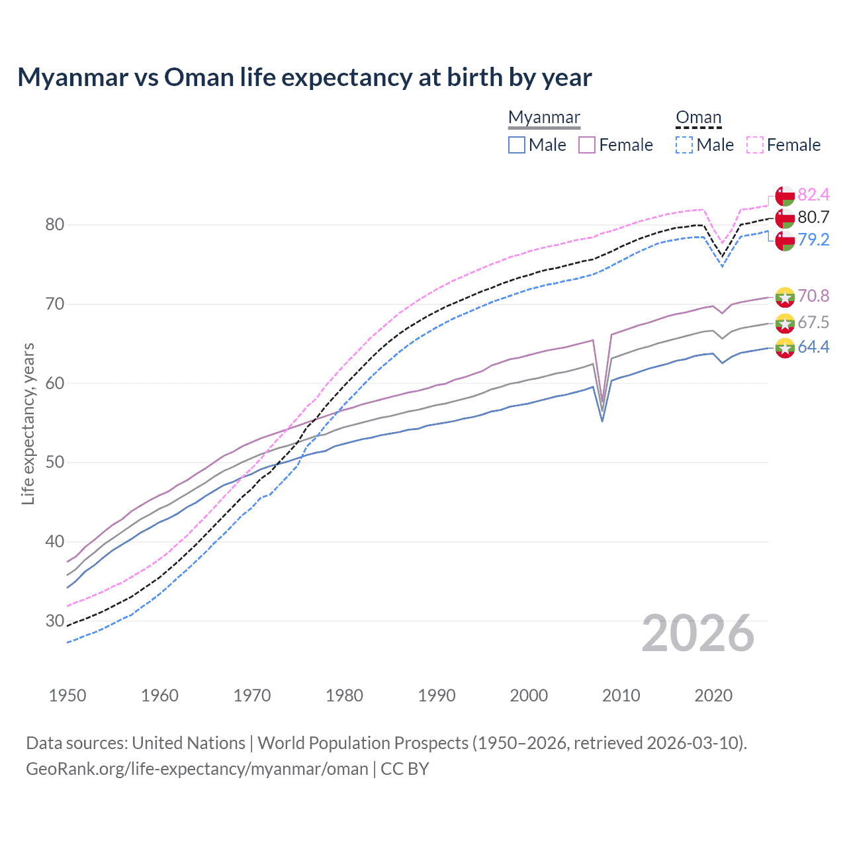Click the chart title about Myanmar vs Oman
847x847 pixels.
[x=304, y=77]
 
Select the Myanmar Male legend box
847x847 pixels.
[x=517, y=145]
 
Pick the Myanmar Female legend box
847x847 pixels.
[x=587, y=145]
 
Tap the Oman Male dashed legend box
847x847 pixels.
[x=684, y=145]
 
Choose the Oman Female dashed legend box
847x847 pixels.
[x=755, y=145]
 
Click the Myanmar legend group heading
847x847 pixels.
[x=544, y=118]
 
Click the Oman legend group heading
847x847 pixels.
[x=698, y=118]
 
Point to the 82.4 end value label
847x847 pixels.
[x=813, y=195]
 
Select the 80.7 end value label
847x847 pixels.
[x=813, y=217]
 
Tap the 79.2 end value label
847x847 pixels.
[x=813, y=240]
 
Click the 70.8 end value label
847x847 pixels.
[x=813, y=296]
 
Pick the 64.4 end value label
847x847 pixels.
[x=813, y=347]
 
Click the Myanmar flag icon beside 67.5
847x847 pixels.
[x=785, y=324]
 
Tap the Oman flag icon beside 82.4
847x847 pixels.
[x=785, y=196]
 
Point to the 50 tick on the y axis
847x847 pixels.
[x=55, y=463]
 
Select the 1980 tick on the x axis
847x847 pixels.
[x=344, y=695]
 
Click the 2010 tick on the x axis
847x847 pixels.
[x=621, y=695]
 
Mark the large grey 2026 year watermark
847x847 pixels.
[x=697, y=633]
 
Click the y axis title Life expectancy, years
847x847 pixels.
[x=28, y=423]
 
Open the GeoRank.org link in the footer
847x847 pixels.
[x=197, y=769]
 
